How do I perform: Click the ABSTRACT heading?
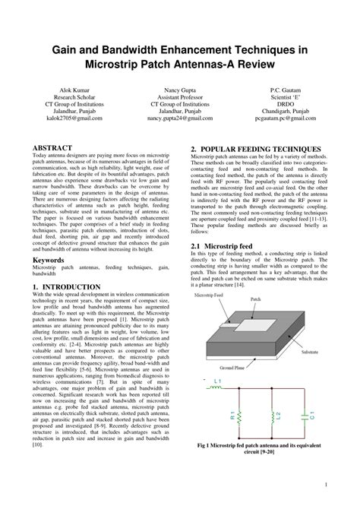click(52, 148)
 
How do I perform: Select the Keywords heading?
click(49, 260)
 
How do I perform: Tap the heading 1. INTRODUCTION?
click(67, 287)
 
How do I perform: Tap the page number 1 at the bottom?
click(325, 484)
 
